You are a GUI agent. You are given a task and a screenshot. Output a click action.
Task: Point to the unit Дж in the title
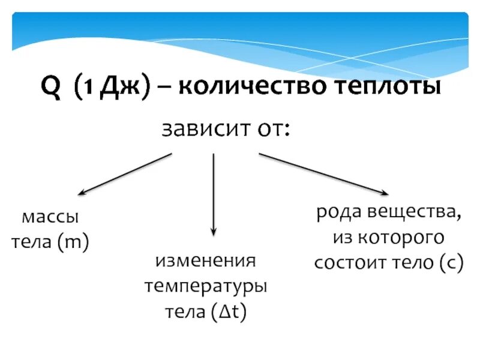(117, 88)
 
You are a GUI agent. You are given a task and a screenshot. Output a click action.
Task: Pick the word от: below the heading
(271, 129)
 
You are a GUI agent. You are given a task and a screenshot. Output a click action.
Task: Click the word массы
(50, 217)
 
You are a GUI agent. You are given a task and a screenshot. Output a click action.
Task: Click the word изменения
(206, 262)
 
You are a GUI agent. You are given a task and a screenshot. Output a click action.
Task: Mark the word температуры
(206, 286)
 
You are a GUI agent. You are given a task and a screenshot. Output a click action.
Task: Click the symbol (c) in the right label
(450, 264)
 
